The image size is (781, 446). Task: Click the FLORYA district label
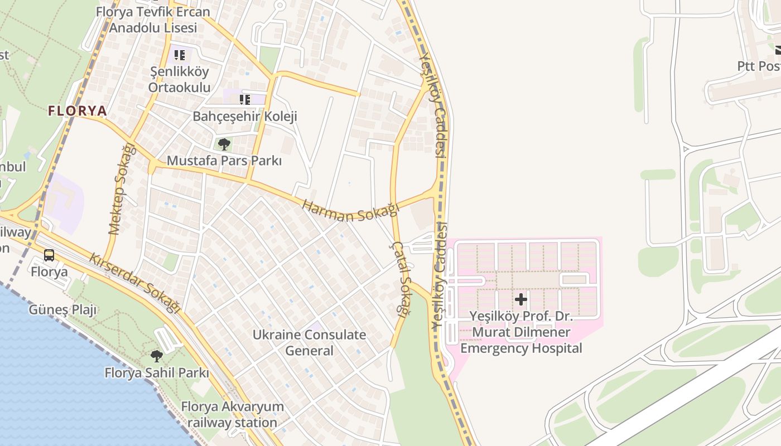point(78,111)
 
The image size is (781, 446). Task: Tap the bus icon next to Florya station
point(49,255)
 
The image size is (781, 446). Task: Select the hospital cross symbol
point(520,299)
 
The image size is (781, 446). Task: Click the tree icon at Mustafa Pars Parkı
point(224,144)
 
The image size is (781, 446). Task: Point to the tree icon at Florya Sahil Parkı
point(157,356)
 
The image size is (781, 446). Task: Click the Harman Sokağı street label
point(351,211)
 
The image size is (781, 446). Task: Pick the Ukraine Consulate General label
point(310,342)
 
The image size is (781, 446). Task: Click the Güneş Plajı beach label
point(62,310)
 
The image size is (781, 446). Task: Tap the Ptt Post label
point(759,66)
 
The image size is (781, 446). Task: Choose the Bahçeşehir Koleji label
point(245,117)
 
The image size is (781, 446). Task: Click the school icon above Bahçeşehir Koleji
point(244,100)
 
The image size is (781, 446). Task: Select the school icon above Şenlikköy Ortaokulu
point(180,55)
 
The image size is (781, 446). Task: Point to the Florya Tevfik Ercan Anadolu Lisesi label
point(153,20)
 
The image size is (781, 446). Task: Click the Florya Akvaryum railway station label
point(232,414)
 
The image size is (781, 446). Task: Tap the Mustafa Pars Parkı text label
point(224,161)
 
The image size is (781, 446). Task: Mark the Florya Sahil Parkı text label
point(157,373)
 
